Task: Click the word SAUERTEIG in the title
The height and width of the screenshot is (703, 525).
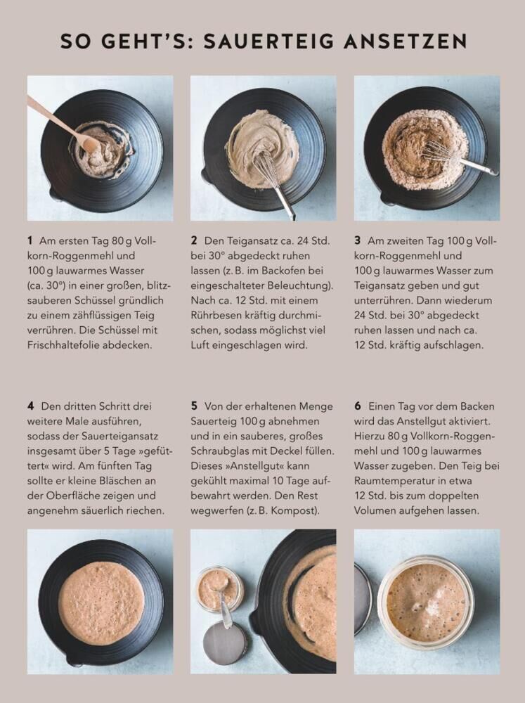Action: [x=269, y=41]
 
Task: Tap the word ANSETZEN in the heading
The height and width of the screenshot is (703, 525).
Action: [x=406, y=41]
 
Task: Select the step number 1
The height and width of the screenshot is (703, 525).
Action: [x=30, y=240]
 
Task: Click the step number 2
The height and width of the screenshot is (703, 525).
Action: [x=194, y=240]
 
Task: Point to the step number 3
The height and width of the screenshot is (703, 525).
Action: [x=357, y=240]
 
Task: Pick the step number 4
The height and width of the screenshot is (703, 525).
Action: [x=30, y=406]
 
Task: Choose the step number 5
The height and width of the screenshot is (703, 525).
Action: [x=194, y=406]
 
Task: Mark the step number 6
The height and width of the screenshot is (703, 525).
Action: [x=358, y=406]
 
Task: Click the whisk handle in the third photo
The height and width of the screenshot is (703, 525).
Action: [x=477, y=167]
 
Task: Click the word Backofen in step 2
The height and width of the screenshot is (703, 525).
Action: [x=280, y=271]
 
